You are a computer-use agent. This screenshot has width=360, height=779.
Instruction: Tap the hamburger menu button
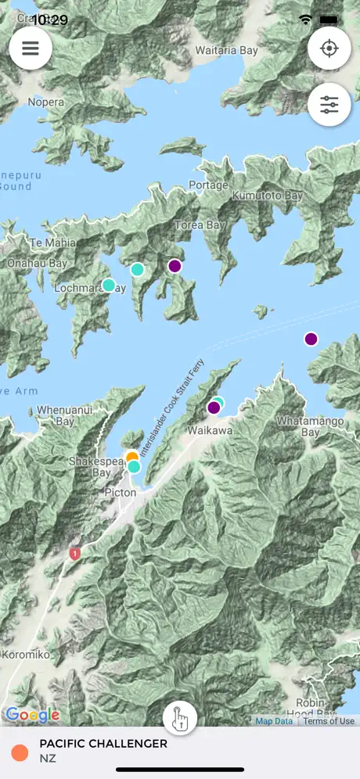click(x=31, y=48)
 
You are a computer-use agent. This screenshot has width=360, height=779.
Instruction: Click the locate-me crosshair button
click(x=329, y=48)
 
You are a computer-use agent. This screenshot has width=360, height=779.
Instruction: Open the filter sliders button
click(x=329, y=105)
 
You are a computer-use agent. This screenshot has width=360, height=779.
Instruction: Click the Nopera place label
click(x=45, y=102)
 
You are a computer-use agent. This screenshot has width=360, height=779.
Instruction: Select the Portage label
click(x=208, y=185)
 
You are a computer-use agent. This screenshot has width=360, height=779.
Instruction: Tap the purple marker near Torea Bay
click(x=175, y=266)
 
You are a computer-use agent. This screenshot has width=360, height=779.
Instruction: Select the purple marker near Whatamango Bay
click(x=311, y=339)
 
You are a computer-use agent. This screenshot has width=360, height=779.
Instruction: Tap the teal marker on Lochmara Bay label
click(x=109, y=285)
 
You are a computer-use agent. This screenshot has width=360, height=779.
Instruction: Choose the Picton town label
click(x=120, y=493)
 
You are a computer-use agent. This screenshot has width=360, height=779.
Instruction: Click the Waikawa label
click(x=207, y=430)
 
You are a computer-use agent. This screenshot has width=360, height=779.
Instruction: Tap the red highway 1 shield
click(x=75, y=554)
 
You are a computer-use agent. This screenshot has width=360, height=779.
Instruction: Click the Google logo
click(x=32, y=715)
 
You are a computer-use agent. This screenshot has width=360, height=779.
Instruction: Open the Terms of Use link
click(x=329, y=721)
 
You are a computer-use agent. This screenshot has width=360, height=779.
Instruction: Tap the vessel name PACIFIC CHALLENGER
click(x=103, y=744)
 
